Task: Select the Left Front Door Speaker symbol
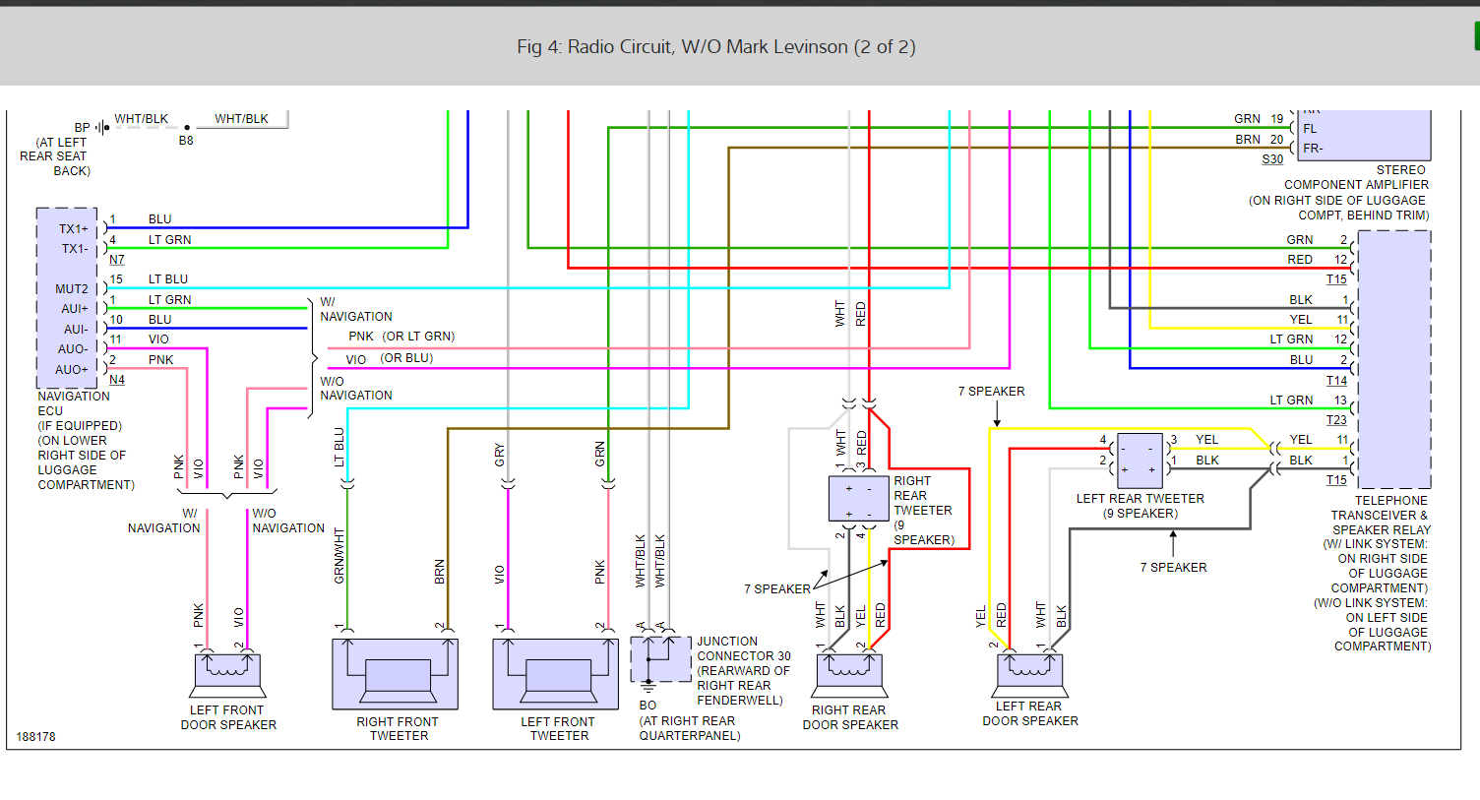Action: tap(227, 674)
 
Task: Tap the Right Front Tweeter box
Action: tap(396, 674)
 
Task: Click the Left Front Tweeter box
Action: tap(556, 674)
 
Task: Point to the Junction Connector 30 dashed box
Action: tap(660, 658)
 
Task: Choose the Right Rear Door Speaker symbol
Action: tap(849, 674)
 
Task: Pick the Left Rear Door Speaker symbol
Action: tap(1029, 674)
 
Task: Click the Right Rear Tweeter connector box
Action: tap(858, 499)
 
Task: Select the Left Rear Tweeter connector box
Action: tap(1140, 460)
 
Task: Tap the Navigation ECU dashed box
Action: tap(67, 298)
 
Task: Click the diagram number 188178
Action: tap(35, 737)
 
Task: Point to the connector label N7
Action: tap(117, 260)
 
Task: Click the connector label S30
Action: tap(1271, 159)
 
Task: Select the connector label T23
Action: tap(1336, 420)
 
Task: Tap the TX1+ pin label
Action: tap(74, 229)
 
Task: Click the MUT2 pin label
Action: tap(72, 289)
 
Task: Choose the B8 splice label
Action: tap(186, 141)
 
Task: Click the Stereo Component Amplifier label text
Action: tap(1356, 192)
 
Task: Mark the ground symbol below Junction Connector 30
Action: tap(648, 687)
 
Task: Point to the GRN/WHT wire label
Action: tap(339, 556)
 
